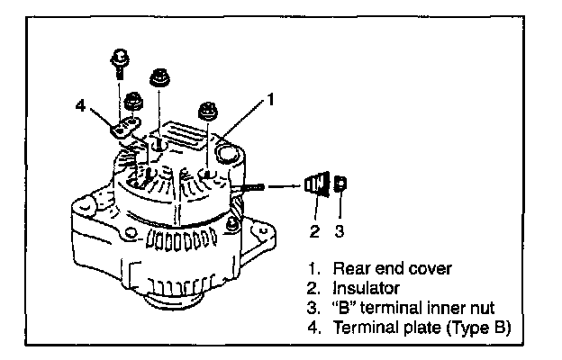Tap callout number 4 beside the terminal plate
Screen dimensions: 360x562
pos(80,106)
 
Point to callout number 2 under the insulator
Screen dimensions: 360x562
pos(313,230)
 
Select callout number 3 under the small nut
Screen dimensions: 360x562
pos(340,230)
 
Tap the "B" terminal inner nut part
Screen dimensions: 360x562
pos(340,186)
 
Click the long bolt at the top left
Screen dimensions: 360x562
pos(120,72)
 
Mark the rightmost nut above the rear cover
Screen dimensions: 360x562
pos(207,111)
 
